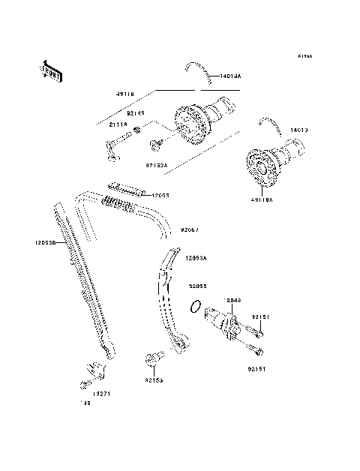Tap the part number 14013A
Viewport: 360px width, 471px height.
[x=230, y=76]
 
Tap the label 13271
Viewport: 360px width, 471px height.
[x=102, y=392]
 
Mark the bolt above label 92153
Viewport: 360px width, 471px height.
[x=154, y=359]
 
